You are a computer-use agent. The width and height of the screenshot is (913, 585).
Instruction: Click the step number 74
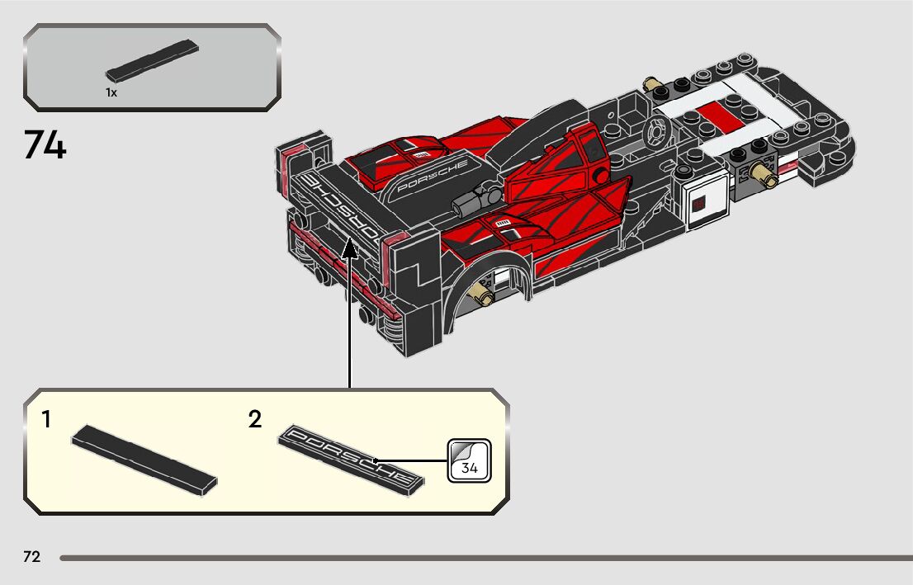click(45, 146)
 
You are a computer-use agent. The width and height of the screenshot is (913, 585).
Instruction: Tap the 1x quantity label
click(111, 93)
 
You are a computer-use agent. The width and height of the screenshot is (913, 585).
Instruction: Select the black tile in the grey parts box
click(153, 60)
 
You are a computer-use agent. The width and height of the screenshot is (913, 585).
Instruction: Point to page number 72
click(31, 557)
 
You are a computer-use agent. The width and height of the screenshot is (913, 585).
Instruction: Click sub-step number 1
click(46, 420)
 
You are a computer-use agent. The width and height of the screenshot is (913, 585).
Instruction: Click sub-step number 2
click(255, 420)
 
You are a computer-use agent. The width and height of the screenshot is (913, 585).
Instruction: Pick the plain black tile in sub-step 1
click(144, 460)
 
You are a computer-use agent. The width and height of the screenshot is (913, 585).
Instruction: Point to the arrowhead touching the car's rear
click(350, 247)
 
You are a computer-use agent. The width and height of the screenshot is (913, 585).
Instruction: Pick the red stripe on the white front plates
click(710, 114)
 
